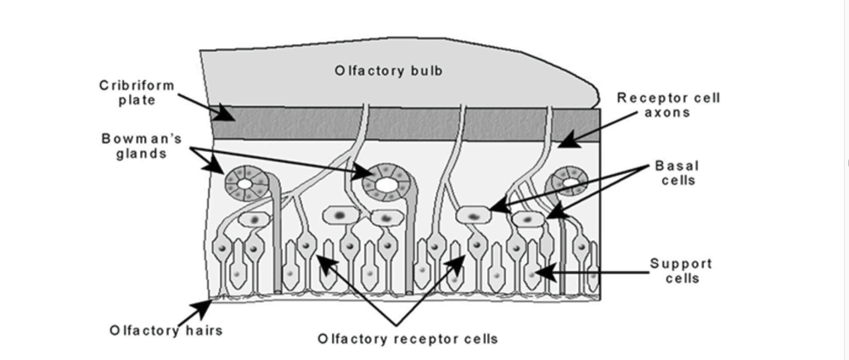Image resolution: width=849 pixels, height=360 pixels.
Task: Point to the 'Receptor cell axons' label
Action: [668, 104]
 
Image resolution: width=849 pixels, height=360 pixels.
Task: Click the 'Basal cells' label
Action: [680, 172]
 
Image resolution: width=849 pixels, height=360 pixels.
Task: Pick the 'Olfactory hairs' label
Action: [166, 329]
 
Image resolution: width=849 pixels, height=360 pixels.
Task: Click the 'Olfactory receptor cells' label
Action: [408, 338]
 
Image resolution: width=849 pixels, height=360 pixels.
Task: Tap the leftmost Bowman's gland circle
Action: [245, 182]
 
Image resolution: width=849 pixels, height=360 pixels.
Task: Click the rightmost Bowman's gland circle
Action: [571, 181]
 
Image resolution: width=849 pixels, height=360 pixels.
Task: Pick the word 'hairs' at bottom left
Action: [203, 329]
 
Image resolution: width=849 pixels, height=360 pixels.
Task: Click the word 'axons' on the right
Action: [668, 112]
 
